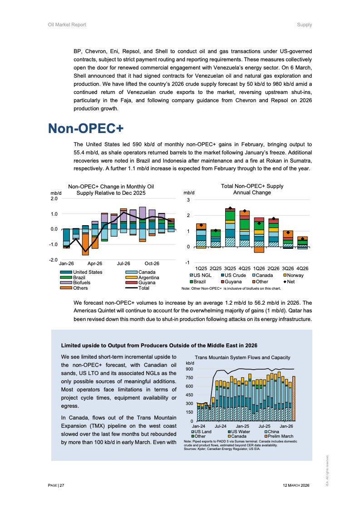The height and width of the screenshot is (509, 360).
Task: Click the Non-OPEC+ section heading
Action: pyautogui.click(x=86, y=128)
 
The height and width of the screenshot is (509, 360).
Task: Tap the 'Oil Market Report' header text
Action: pyautogui.click(x=67, y=25)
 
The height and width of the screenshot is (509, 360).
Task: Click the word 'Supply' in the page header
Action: pyautogui.click(x=304, y=25)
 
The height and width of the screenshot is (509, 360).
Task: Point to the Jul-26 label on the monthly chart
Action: pyautogui.click(x=123, y=263)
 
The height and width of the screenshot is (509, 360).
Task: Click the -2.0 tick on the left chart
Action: pyautogui.click(x=54, y=260)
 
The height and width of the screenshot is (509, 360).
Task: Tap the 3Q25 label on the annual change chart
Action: pyautogui.click(x=230, y=268)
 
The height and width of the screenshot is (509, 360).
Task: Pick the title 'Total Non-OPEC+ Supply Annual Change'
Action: pyautogui.click(x=252, y=189)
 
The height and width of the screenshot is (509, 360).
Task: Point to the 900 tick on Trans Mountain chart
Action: pyautogui.click(x=190, y=369)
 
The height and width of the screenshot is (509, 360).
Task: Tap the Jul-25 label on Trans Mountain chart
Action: pyautogui.click(x=264, y=426)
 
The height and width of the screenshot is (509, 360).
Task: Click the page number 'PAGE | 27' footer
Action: pyautogui.click(x=56, y=485)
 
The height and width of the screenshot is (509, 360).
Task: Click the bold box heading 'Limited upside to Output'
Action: pyautogui.click(x=159, y=345)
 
